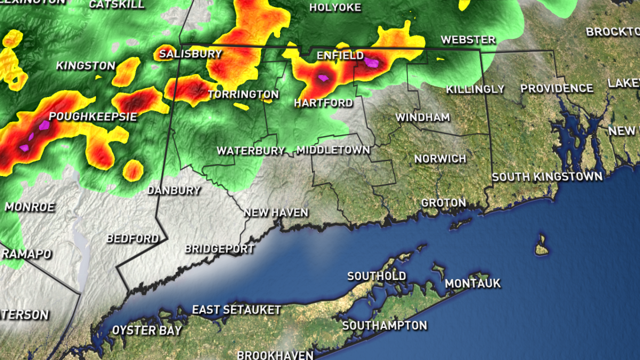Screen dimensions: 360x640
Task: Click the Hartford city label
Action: [324, 103]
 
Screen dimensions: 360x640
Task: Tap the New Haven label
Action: [276, 213]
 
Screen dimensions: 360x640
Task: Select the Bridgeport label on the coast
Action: [219, 249]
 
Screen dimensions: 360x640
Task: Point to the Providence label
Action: [557, 89]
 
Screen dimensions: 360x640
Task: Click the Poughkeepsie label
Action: [93, 117]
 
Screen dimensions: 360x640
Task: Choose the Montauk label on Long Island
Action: [473, 283]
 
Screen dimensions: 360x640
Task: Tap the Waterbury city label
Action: [251, 151]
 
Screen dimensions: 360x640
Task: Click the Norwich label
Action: [440, 159]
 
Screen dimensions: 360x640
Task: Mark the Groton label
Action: [443, 203]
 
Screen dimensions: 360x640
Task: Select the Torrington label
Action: [243, 95]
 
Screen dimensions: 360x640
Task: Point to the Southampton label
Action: [385, 325]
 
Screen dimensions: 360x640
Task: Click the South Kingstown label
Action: [547, 177]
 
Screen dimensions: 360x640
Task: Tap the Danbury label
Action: [174, 190]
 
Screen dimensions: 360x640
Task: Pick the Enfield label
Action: [340, 55]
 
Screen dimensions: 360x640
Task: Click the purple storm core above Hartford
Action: [322, 78]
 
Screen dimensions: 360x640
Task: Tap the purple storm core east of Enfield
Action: [372, 63]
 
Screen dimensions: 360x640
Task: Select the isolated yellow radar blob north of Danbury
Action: [133, 170]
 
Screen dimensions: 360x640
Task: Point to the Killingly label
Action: [475, 89]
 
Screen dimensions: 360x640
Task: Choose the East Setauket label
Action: [236, 310]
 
